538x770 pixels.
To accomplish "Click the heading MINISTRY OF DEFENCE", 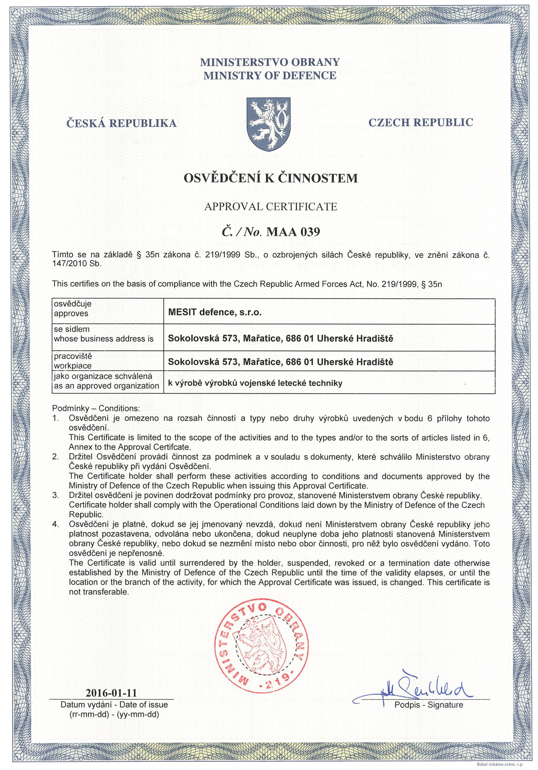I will [270, 76].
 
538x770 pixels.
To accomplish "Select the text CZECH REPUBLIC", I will [421, 123].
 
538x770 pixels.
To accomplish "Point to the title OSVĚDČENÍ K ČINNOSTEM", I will [271, 178].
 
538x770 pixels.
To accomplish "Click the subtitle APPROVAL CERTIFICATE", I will [271, 206].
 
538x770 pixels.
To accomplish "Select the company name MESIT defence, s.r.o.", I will [214, 312].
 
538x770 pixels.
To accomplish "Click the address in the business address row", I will [280, 338].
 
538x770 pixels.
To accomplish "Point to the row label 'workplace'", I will [73, 365].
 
